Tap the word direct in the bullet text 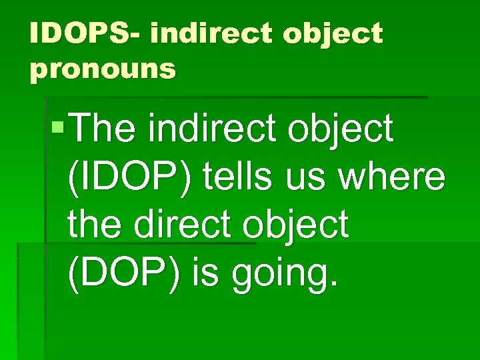185,225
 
